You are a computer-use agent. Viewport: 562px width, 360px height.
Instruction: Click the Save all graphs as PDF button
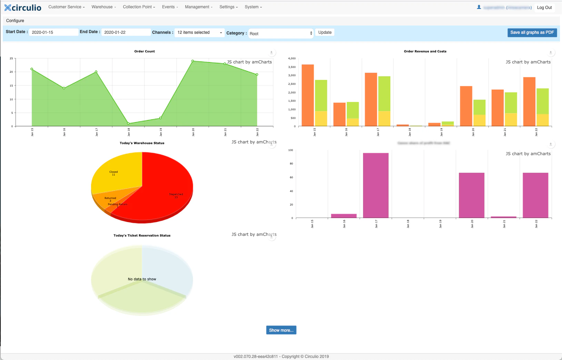[532, 32]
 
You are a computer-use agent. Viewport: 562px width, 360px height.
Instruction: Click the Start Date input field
[53, 32]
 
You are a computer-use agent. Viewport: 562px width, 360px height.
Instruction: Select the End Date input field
[126, 32]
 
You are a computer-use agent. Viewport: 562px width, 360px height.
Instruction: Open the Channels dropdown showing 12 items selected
[199, 32]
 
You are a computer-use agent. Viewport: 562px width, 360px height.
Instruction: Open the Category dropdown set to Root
[281, 33]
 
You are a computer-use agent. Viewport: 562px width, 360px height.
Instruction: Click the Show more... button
[281, 330]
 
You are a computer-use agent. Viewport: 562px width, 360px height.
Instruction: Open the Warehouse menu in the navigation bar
[103, 7]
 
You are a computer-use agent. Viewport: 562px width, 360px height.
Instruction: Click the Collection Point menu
[139, 7]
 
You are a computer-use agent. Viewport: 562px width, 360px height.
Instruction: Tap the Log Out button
[544, 8]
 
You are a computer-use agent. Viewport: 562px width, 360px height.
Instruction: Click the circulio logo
[23, 8]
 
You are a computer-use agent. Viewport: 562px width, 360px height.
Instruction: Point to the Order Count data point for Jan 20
[193, 61]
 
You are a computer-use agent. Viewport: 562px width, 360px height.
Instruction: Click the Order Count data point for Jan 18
[128, 123]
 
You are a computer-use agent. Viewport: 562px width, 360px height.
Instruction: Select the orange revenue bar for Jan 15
[308, 95]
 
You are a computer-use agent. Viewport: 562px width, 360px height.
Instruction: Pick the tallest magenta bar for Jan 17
[375, 185]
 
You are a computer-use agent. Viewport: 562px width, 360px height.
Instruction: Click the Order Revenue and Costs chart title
[425, 51]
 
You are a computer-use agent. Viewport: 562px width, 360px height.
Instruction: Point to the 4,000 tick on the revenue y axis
[292, 58]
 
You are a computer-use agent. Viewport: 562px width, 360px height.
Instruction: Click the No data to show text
[142, 279]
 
